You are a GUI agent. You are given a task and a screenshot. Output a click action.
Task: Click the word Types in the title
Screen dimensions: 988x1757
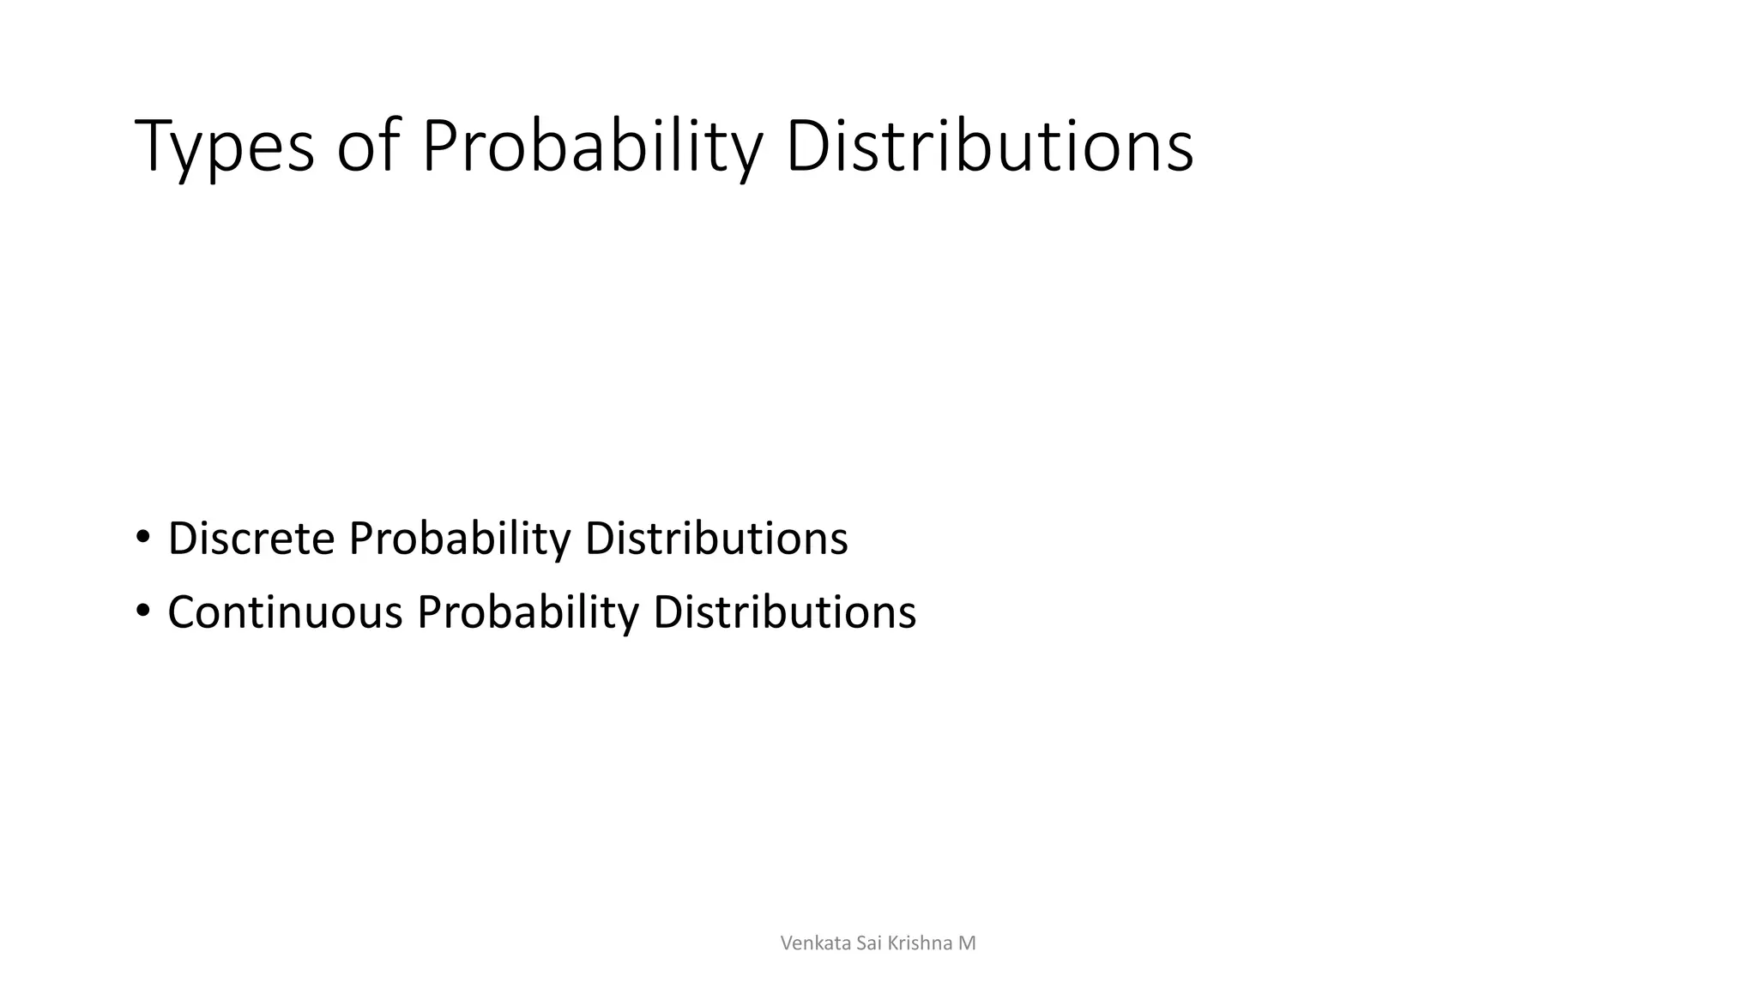click(x=225, y=147)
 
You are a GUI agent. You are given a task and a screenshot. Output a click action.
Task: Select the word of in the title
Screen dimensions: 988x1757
click(x=368, y=147)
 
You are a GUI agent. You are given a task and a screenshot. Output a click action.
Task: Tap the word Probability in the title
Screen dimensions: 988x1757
click(x=591, y=147)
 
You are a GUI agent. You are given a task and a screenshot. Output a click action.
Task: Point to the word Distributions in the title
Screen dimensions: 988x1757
click(x=988, y=147)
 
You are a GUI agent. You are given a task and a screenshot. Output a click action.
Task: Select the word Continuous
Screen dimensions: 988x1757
click(x=285, y=612)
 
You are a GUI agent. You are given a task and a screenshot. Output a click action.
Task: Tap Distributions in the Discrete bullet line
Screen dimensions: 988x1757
click(x=716, y=539)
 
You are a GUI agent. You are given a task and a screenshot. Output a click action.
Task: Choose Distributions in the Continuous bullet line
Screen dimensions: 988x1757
click(x=784, y=612)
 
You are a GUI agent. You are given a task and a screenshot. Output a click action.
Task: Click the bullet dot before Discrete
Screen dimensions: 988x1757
click(x=142, y=538)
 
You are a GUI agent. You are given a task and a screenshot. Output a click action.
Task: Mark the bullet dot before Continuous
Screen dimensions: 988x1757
click(x=142, y=611)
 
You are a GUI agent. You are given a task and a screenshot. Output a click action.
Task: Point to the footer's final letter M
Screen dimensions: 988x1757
click(x=967, y=943)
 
